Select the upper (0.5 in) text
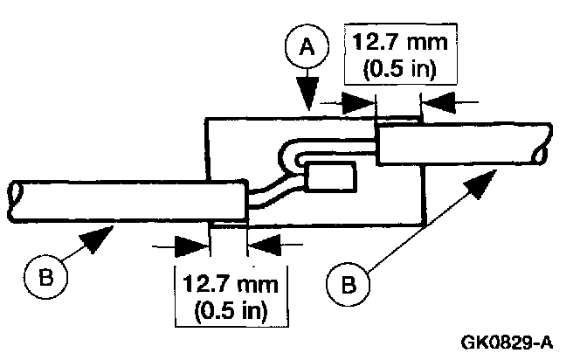click(x=392, y=69)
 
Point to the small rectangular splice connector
click(x=331, y=178)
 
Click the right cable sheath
click(x=459, y=144)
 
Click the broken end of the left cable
click(x=13, y=198)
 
